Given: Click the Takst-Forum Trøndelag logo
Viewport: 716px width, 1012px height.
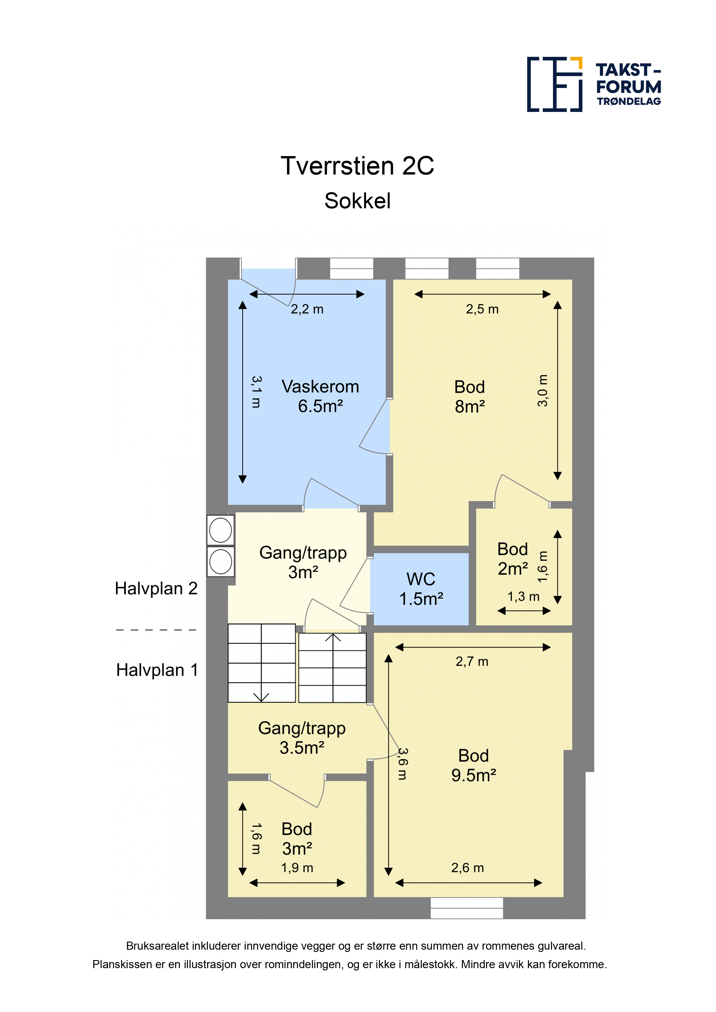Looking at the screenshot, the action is (x=594, y=84).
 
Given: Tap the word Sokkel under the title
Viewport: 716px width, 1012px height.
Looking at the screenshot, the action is (x=357, y=201).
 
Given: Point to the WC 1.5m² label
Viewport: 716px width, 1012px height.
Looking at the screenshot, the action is (x=421, y=589).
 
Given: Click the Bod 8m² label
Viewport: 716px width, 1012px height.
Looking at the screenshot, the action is (x=470, y=397).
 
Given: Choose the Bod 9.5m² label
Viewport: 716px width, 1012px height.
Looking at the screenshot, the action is (x=473, y=765).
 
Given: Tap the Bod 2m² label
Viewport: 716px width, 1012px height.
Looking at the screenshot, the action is (x=513, y=559).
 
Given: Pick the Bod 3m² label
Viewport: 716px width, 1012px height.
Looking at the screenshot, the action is (x=297, y=839).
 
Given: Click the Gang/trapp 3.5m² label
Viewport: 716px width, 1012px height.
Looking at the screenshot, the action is (x=302, y=738).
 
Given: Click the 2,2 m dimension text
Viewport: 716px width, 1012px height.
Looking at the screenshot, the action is (x=307, y=310).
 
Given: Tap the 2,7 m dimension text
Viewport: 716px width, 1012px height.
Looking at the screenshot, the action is (x=472, y=661).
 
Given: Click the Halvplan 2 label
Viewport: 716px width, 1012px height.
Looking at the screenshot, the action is (x=156, y=589).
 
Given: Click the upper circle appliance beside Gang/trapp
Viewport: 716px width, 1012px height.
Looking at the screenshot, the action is (x=221, y=530).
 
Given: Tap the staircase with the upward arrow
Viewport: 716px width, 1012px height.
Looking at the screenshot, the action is (x=332, y=668).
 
